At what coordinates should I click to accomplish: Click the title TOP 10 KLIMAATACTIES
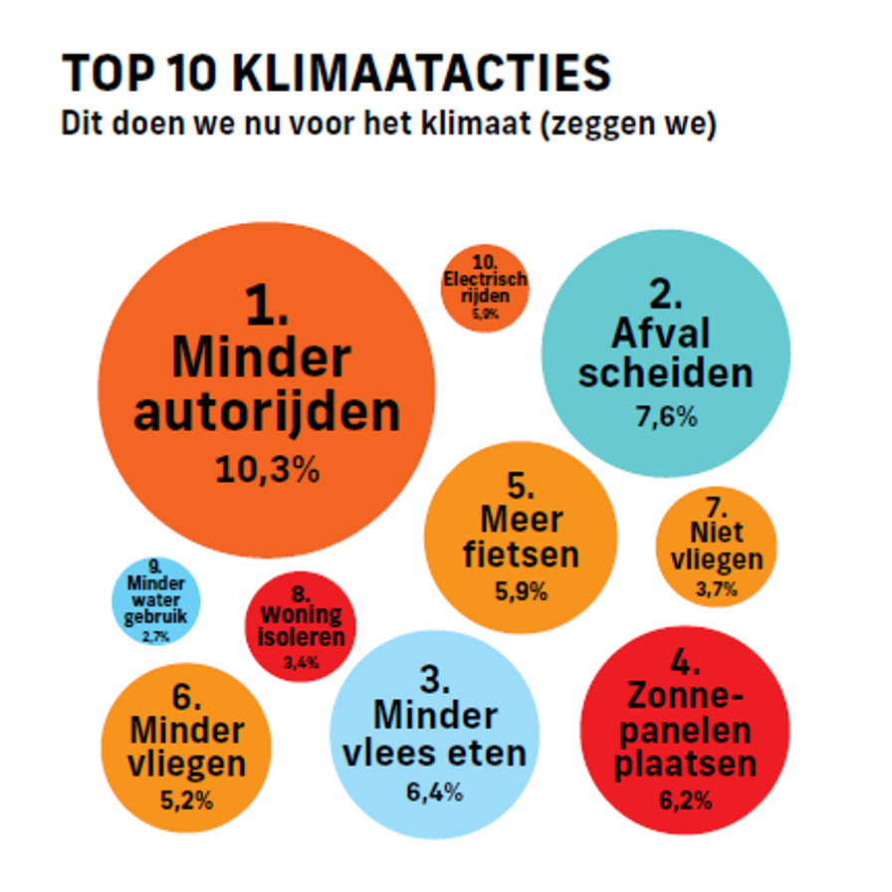335,75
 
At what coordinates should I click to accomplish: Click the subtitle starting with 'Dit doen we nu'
387,126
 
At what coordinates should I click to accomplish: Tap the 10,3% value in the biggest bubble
267,469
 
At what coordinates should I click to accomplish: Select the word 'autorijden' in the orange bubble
267,412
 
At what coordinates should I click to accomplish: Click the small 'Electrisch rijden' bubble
485,288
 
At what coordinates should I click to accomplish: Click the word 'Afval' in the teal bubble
653,333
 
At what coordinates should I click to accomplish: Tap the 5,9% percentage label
521,591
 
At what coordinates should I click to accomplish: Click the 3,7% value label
716,589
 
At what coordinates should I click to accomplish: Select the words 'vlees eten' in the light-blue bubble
434,753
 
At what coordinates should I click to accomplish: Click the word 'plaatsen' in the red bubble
684,765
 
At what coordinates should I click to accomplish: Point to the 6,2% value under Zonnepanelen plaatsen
684,799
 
